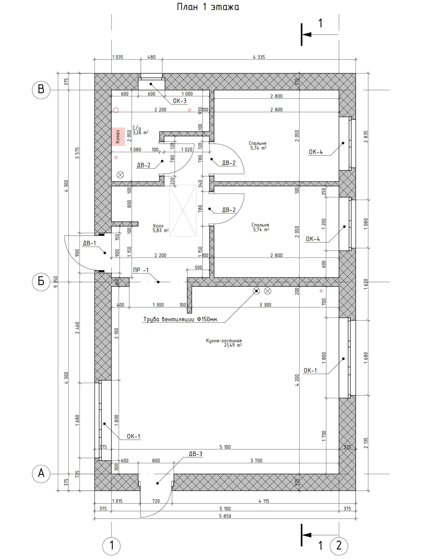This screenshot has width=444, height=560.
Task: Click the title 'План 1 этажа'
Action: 208,7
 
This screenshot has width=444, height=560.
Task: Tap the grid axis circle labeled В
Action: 41,90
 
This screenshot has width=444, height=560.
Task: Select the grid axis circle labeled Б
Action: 41,282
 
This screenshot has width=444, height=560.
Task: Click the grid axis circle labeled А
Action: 41,474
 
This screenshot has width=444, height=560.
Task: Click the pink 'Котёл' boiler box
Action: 118,136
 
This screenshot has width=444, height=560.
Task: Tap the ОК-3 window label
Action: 180,101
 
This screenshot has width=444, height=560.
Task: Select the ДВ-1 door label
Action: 89,243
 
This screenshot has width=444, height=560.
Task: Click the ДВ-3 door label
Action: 195,454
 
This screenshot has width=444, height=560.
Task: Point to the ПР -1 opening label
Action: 141,270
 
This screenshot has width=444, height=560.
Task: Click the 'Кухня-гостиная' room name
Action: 224,341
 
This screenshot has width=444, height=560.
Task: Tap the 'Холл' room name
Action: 158,226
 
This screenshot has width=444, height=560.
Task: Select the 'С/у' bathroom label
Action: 137,128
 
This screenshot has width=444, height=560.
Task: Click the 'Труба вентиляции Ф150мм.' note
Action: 181,319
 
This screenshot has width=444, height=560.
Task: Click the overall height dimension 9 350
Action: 56,282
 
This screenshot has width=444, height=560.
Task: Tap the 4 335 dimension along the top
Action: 259,57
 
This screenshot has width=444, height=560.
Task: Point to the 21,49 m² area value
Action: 233,345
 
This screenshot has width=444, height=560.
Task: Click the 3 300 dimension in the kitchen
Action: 265,305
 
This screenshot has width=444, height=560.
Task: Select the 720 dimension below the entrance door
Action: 156,501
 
